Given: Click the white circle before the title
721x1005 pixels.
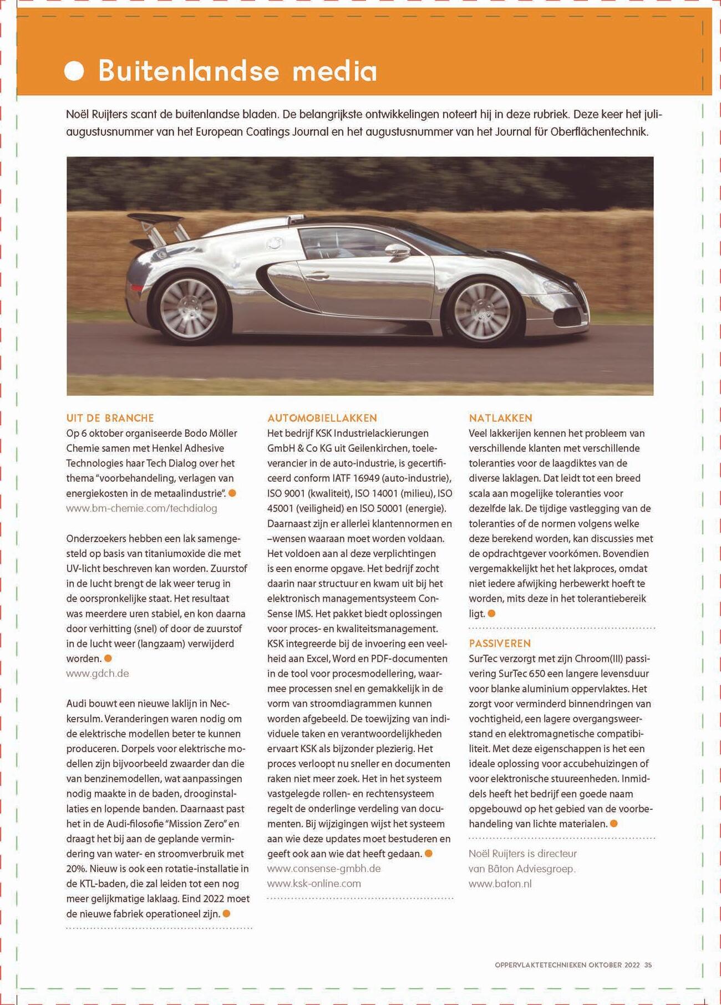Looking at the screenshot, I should pos(74,71).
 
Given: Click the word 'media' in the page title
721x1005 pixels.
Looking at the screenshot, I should pos(334,72).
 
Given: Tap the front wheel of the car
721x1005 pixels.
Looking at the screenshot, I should pos(482,311).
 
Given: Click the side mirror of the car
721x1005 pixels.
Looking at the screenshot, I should pos(398,251).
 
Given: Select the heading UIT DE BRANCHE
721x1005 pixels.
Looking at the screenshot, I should pos(110,418).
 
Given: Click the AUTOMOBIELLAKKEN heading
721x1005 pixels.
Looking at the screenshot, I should pos(322,418).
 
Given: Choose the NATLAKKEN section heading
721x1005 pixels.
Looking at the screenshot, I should pos(500,418).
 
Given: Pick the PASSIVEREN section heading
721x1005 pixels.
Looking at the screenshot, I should pos(500,643).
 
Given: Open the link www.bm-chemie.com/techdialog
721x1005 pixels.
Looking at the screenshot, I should pos(141,508).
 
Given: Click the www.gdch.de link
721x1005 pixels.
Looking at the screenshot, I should pos(98,674).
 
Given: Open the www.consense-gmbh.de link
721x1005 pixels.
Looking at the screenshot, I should pos(324,869).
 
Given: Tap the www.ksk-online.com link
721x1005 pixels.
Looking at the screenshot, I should pos(314,884).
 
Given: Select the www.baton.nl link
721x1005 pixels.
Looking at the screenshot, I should pos(500,884).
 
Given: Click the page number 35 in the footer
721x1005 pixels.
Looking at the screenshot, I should pos(648,965).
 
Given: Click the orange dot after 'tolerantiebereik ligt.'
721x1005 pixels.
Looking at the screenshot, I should pos(491,614).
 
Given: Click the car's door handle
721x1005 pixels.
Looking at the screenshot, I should pos(317,275).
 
